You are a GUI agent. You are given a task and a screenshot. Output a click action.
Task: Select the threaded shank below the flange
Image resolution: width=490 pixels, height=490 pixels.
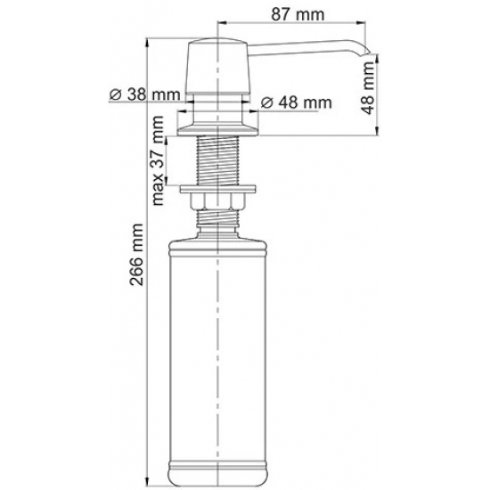[219, 161]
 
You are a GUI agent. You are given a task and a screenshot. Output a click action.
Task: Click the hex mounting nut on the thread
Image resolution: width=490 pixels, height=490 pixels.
[219, 202]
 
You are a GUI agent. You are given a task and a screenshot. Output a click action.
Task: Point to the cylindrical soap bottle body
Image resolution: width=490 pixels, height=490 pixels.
[219, 347]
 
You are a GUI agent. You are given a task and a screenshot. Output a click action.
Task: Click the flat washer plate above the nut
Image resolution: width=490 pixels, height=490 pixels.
[219, 189]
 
